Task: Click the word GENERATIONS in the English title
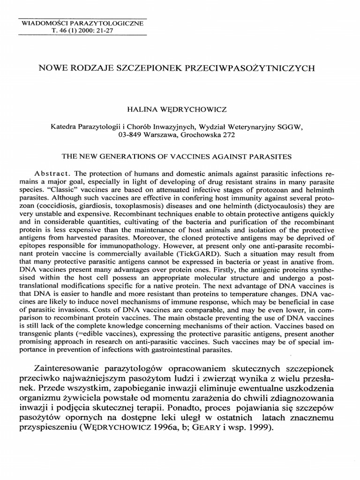point(136,156)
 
